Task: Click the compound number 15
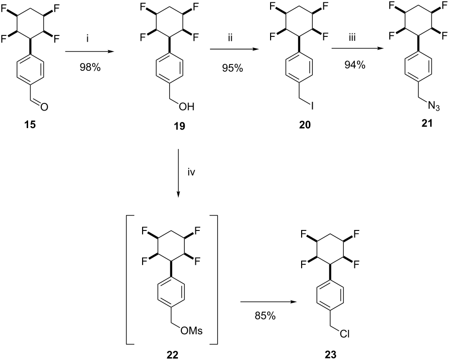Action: tap(30, 125)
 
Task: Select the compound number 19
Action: tap(179, 126)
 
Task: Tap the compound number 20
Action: tap(305, 125)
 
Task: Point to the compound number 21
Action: tap(427, 123)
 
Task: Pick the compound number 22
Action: tap(173, 355)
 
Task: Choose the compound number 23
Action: tap(331, 355)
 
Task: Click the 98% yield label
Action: tap(90, 67)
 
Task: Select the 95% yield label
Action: tap(232, 68)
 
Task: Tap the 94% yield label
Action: tap(355, 65)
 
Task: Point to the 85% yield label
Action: tap(265, 316)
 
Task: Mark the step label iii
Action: tap(352, 37)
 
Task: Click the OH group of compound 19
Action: tap(187, 107)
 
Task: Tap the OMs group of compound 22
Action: tap(192, 331)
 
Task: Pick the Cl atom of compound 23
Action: tap(344, 334)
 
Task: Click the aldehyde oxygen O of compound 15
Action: tap(44, 107)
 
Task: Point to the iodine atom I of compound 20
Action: tap(312, 106)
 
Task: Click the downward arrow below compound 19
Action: tap(178, 173)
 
